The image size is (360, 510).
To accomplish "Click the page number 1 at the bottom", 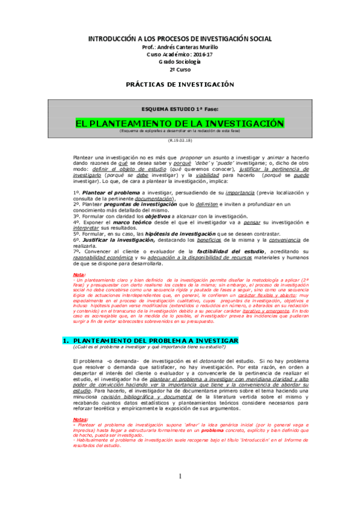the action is [179, 494].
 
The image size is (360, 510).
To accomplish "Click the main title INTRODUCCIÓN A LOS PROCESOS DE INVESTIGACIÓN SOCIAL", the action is [180, 38].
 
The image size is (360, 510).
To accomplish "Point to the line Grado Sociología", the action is [180, 62].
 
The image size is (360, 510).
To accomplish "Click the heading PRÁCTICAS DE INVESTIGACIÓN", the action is [180, 84].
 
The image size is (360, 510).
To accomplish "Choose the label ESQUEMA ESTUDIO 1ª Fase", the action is [180, 109].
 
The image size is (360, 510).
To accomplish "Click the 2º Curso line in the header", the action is [180, 70].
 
